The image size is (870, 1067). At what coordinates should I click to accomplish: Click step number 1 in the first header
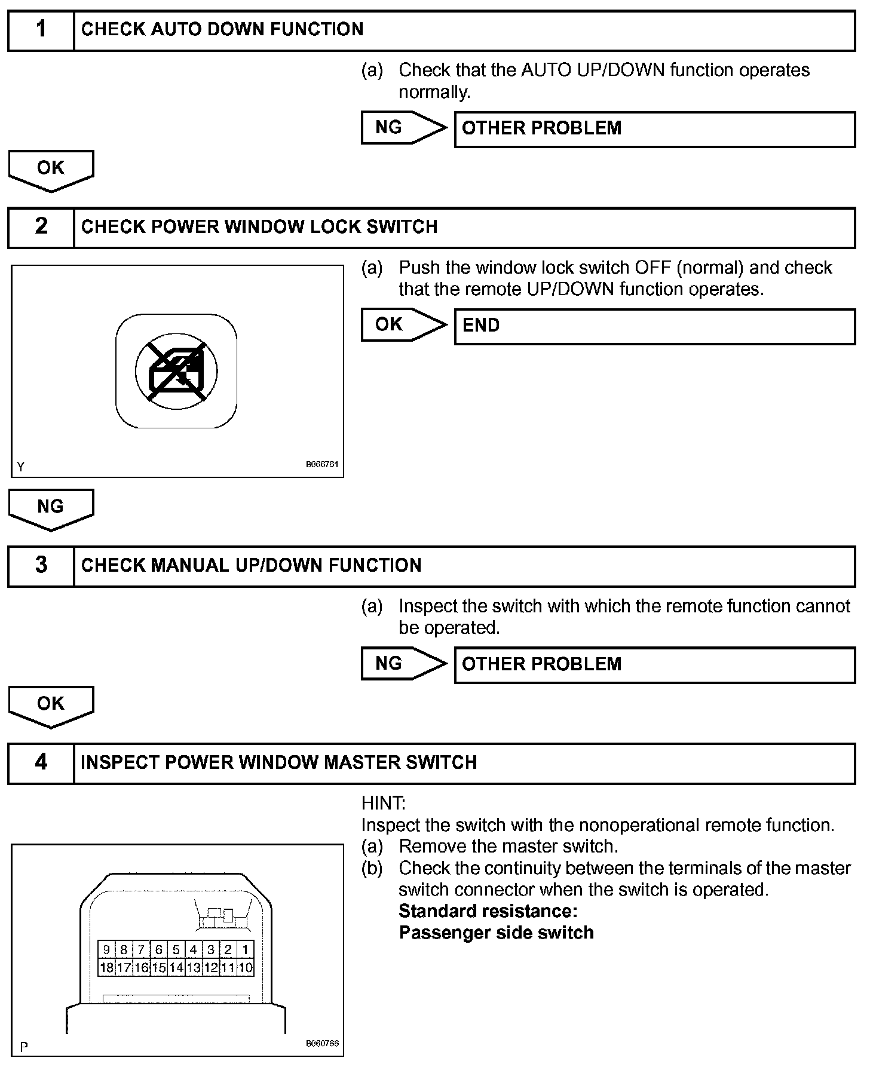click(x=41, y=29)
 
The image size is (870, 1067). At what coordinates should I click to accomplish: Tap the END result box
click(x=654, y=326)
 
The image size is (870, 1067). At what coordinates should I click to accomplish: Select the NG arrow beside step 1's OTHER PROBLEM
click(x=403, y=128)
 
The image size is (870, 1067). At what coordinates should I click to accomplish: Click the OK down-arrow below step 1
click(x=51, y=170)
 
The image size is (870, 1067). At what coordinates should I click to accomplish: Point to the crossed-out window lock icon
click(x=176, y=371)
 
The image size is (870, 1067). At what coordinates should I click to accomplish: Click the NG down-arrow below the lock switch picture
click(x=51, y=508)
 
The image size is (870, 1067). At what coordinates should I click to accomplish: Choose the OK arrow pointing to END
click(x=403, y=325)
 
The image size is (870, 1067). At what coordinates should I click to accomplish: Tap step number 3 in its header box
click(x=41, y=565)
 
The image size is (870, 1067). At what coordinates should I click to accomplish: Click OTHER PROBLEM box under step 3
click(x=654, y=664)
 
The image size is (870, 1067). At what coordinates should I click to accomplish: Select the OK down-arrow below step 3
click(x=51, y=706)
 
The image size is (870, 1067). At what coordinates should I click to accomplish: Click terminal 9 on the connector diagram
click(x=106, y=949)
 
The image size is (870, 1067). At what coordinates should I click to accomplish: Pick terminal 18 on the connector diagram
click(x=106, y=967)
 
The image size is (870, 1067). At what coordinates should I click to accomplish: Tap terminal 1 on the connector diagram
click(x=246, y=949)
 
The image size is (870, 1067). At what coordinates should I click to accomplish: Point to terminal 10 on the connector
click(x=246, y=967)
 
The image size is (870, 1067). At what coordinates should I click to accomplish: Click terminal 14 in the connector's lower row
click(x=176, y=967)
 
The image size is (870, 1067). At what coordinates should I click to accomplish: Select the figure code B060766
click(x=322, y=1043)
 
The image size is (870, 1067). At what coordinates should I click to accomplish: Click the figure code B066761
click(x=322, y=464)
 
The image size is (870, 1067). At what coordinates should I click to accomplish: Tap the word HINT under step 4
click(x=383, y=803)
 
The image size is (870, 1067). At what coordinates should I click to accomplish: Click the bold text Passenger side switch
click(x=496, y=933)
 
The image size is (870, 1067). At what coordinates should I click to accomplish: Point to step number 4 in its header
click(x=41, y=762)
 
